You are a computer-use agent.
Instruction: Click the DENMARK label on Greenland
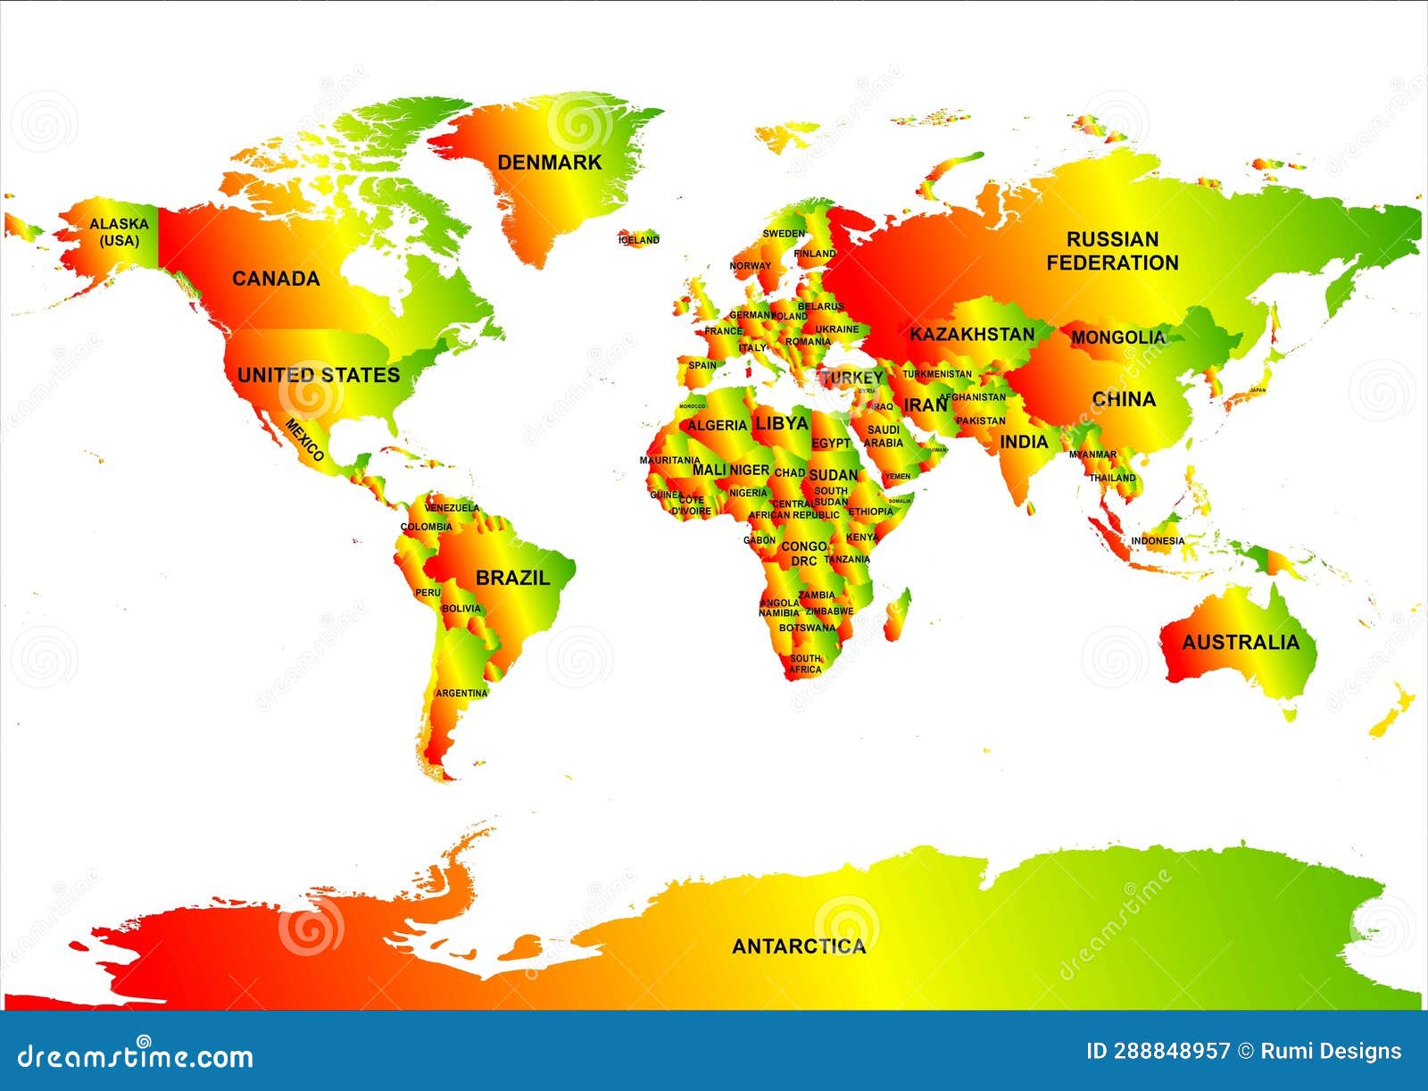550,162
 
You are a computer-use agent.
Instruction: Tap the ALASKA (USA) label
119,233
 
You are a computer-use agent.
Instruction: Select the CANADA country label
276,279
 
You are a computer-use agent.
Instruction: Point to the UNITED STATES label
319,375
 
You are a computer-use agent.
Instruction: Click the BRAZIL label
512,578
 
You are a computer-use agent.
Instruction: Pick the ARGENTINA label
461,693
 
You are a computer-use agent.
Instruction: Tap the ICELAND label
639,239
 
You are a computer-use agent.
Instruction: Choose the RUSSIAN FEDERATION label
1112,251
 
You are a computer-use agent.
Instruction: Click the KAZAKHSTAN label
972,335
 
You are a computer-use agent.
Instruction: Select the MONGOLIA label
1117,337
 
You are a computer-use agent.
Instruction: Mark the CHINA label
1124,399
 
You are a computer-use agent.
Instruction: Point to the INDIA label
1024,442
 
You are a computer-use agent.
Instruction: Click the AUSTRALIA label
1241,643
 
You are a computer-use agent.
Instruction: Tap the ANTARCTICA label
799,946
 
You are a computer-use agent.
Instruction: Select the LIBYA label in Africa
782,423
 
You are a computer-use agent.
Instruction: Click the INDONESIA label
1158,541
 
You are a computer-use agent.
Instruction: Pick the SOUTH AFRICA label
805,663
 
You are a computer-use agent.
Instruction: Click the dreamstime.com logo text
136,1056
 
